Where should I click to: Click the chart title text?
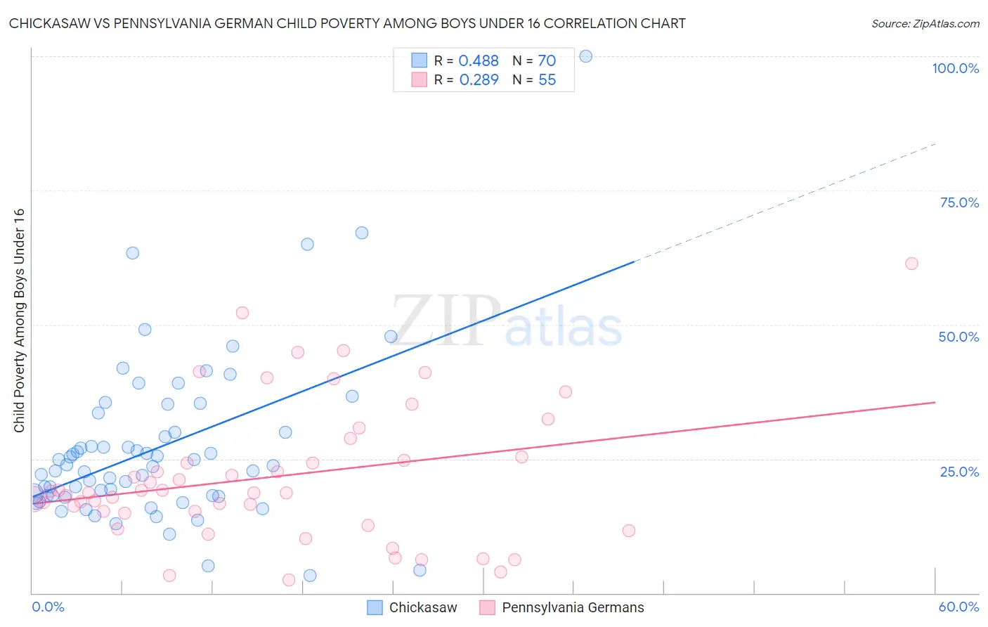tap(347, 23)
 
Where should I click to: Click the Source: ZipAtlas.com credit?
tap(925, 23)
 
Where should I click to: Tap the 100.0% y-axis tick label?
tap(955, 68)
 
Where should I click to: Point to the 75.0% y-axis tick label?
tap(959, 202)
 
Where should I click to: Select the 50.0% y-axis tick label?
tap(958, 337)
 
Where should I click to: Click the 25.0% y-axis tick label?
tap(959, 471)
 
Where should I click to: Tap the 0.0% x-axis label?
tap(48, 607)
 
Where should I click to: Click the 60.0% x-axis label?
tap(958, 607)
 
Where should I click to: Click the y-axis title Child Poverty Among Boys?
tap(19, 321)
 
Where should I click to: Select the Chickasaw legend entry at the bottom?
tap(412, 607)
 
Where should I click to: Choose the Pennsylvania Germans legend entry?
tap(561, 607)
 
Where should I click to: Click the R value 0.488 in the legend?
tap(479, 61)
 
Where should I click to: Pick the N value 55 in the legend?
tap(547, 80)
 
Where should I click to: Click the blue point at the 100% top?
tap(585, 56)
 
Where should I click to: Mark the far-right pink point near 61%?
tap(911, 264)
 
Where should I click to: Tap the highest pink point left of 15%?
tap(242, 313)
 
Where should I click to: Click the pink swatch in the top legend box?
tap(419, 79)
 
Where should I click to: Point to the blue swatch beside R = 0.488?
tap(419, 60)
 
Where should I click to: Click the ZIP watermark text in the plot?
tap(446, 320)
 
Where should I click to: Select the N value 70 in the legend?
tap(547, 61)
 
